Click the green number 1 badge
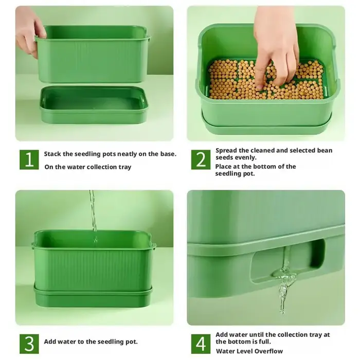click(x=29, y=160)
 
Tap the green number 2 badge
click(x=201, y=160)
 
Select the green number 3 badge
click(x=29, y=344)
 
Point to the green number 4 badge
click(x=201, y=344)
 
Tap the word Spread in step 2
click(x=226, y=151)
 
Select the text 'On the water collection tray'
click(x=88, y=167)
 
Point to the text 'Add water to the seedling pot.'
click(x=91, y=341)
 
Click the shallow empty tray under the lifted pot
click(x=94, y=105)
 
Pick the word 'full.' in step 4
click(x=263, y=341)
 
